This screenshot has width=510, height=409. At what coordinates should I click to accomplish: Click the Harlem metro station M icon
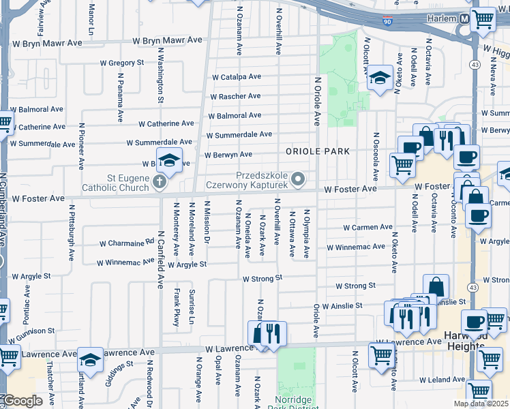click(x=464, y=18)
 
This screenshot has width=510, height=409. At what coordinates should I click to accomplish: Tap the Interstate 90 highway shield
click(x=387, y=21)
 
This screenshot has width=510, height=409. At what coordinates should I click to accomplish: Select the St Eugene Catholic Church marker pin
click(x=160, y=181)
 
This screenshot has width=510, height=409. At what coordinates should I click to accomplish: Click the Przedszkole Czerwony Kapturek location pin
click(x=297, y=179)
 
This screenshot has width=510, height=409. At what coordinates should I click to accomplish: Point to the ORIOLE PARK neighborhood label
click(x=317, y=151)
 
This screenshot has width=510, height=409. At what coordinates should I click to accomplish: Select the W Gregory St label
click(x=122, y=63)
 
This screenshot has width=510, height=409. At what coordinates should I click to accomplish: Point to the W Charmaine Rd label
click(x=127, y=242)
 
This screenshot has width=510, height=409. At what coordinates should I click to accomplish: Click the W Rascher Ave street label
click(x=235, y=97)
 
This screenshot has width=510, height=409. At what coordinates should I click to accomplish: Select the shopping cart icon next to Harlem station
click(x=483, y=20)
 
